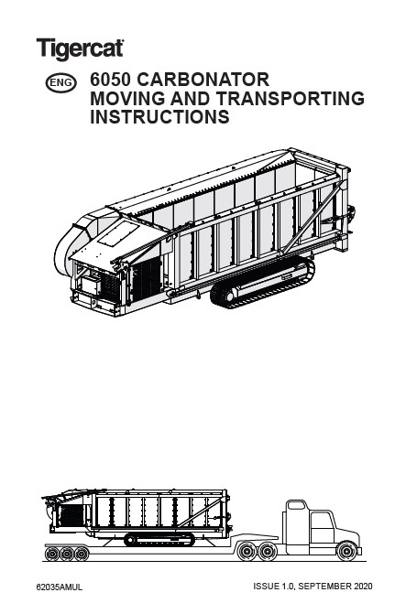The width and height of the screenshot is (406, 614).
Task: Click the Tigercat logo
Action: click(x=80, y=48)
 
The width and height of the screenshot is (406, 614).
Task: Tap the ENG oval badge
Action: click(x=61, y=82)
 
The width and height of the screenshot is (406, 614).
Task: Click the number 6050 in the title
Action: click(x=110, y=80)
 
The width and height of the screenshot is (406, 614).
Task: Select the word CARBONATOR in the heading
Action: click(x=203, y=80)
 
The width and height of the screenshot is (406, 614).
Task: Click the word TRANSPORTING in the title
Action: click(x=291, y=98)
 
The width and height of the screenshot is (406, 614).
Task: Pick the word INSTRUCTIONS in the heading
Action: click(x=159, y=117)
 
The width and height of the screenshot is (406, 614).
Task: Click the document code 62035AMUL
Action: click(x=60, y=587)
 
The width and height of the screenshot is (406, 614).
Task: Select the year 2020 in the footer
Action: click(x=363, y=587)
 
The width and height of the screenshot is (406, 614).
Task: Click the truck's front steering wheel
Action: click(x=347, y=551)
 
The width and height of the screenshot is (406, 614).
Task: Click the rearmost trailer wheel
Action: click(x=52, y=554)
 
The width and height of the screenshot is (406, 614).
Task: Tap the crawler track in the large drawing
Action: click(x=262, y=283)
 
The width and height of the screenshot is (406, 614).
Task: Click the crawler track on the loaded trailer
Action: click(x=159, y=539)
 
